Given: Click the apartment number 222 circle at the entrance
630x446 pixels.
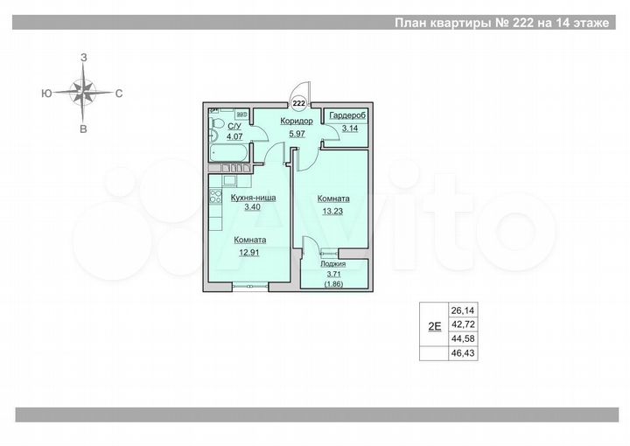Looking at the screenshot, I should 299,101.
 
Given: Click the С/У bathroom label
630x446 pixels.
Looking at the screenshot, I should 234,127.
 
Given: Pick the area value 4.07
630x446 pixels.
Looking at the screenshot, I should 234,136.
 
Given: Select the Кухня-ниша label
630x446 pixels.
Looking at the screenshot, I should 253,198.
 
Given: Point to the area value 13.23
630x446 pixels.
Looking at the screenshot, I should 334,210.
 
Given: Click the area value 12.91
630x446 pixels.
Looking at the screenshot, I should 250,252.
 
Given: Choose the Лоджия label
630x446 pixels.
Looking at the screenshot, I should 333,262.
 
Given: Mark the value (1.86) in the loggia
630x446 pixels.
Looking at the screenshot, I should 333,283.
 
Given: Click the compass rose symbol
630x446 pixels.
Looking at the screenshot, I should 84,91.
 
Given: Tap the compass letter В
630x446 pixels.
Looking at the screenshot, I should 83,129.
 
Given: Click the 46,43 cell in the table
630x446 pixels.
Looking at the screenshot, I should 461,354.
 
